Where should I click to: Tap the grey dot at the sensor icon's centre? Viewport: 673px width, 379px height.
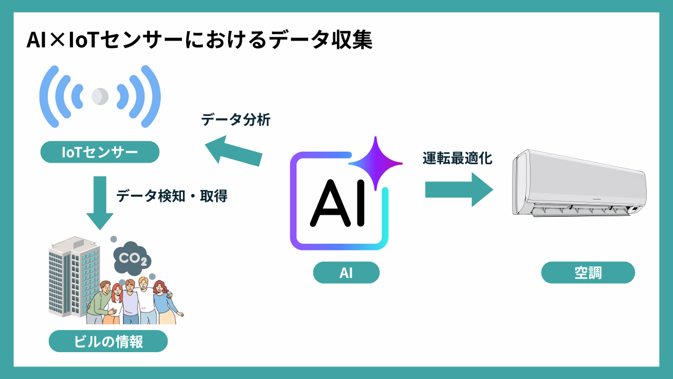click(99, 96)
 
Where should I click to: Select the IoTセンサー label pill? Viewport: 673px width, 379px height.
click(100, 152)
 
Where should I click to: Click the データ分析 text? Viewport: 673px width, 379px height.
click(236, 120)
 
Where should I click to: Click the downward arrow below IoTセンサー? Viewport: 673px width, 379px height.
click(100, 203)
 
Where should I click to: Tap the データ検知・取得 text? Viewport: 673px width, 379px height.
click(172, 196)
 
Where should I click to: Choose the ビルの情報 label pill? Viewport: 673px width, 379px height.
click(108, 342)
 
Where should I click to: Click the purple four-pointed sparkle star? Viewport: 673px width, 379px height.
click(375, 163)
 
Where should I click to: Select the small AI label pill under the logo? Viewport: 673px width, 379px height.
click(346, 273)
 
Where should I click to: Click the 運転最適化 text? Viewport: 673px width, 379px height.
click(457, 158)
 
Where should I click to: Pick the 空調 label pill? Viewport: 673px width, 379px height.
click(588, 273)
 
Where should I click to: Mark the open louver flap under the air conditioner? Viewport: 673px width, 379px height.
click(578, 211)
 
